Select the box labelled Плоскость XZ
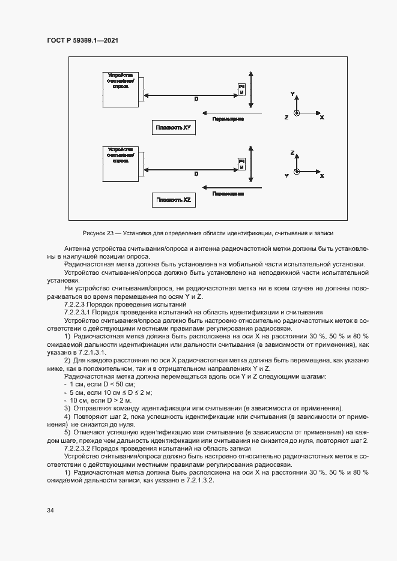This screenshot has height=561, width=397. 173,200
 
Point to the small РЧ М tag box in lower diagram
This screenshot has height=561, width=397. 241,164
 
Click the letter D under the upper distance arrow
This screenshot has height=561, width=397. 196,100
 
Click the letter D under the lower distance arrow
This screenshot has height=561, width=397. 196,174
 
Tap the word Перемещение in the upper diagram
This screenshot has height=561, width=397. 228,119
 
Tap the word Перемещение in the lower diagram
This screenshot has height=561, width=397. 228,194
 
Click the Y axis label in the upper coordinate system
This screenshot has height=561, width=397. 292,95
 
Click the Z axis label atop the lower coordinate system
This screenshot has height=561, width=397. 292,153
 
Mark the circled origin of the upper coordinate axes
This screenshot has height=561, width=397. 295,113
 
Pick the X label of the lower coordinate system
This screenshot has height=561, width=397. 322,176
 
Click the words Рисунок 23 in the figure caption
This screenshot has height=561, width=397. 97,233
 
